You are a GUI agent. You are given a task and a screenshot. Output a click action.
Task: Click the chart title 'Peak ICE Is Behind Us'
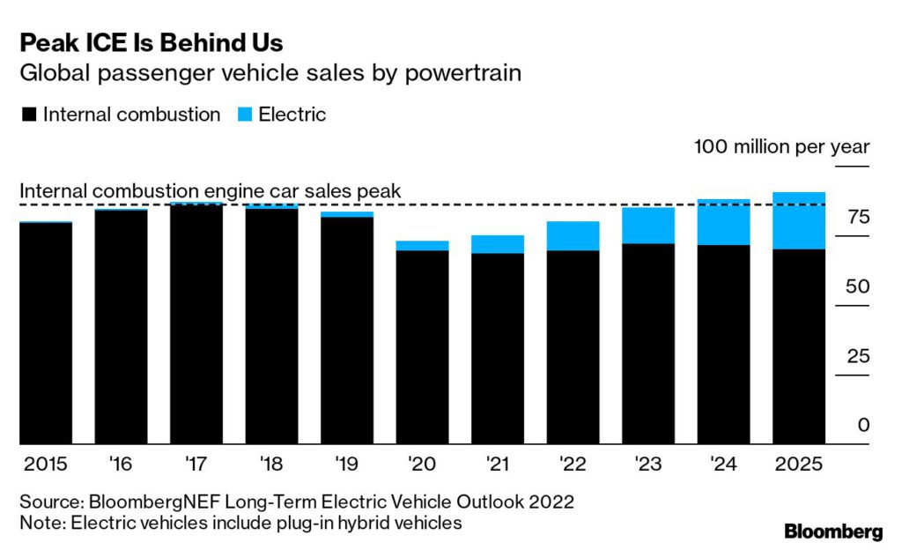pos(152,41)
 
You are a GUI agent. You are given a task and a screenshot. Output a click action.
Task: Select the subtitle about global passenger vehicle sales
pos(270,73)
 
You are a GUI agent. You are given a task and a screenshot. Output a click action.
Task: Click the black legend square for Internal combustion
pos(27,115)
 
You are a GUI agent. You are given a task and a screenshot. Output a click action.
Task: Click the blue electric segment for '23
pos(647,225)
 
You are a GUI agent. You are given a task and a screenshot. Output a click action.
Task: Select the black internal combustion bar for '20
pos(422,347)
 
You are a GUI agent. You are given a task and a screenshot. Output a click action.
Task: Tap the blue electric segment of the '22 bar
pos(573,235)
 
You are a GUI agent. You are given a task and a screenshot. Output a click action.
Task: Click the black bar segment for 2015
pos(46,333)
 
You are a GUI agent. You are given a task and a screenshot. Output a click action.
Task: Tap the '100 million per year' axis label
pos(781,146)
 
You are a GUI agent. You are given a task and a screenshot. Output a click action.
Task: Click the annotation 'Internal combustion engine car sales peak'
pos(210,191)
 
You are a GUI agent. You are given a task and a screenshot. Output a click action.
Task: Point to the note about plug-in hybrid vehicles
pos(240,523)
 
